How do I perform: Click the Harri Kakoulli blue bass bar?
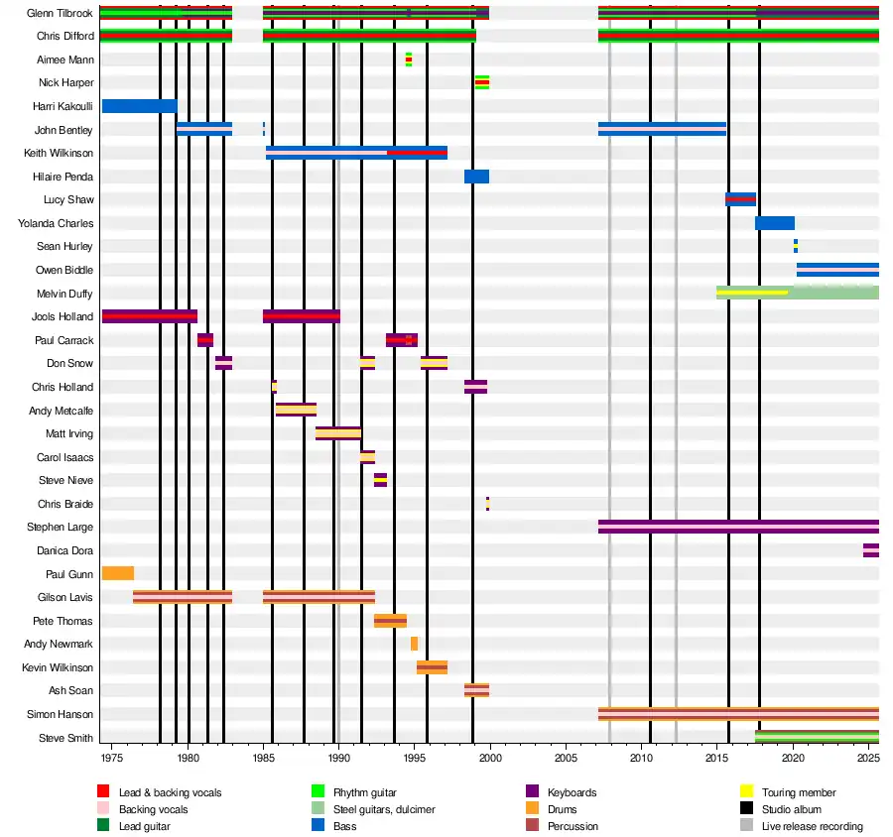[x=139, y=106]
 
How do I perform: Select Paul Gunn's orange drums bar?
[x=118, y=573]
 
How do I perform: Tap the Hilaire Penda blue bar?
[x=476, y=177]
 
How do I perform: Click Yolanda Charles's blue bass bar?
[x=774, y=223]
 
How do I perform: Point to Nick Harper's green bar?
[x=481, y=82]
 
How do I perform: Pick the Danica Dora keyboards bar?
[x=870, y=550]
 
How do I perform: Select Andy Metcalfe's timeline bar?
[x=296, y=410]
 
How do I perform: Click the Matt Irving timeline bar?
[x=337, y=433]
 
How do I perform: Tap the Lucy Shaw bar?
[x=740, y=199]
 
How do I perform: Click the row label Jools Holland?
[x=64, y=317]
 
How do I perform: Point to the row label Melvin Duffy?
[x=64, y=294]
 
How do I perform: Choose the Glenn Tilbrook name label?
[x=61, y=13]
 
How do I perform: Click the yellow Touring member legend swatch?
[x=748, y=792]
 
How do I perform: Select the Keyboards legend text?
[x=572, y=792]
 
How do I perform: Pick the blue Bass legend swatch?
[x=318, y=826]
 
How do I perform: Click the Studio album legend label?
[x=791, y=809]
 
